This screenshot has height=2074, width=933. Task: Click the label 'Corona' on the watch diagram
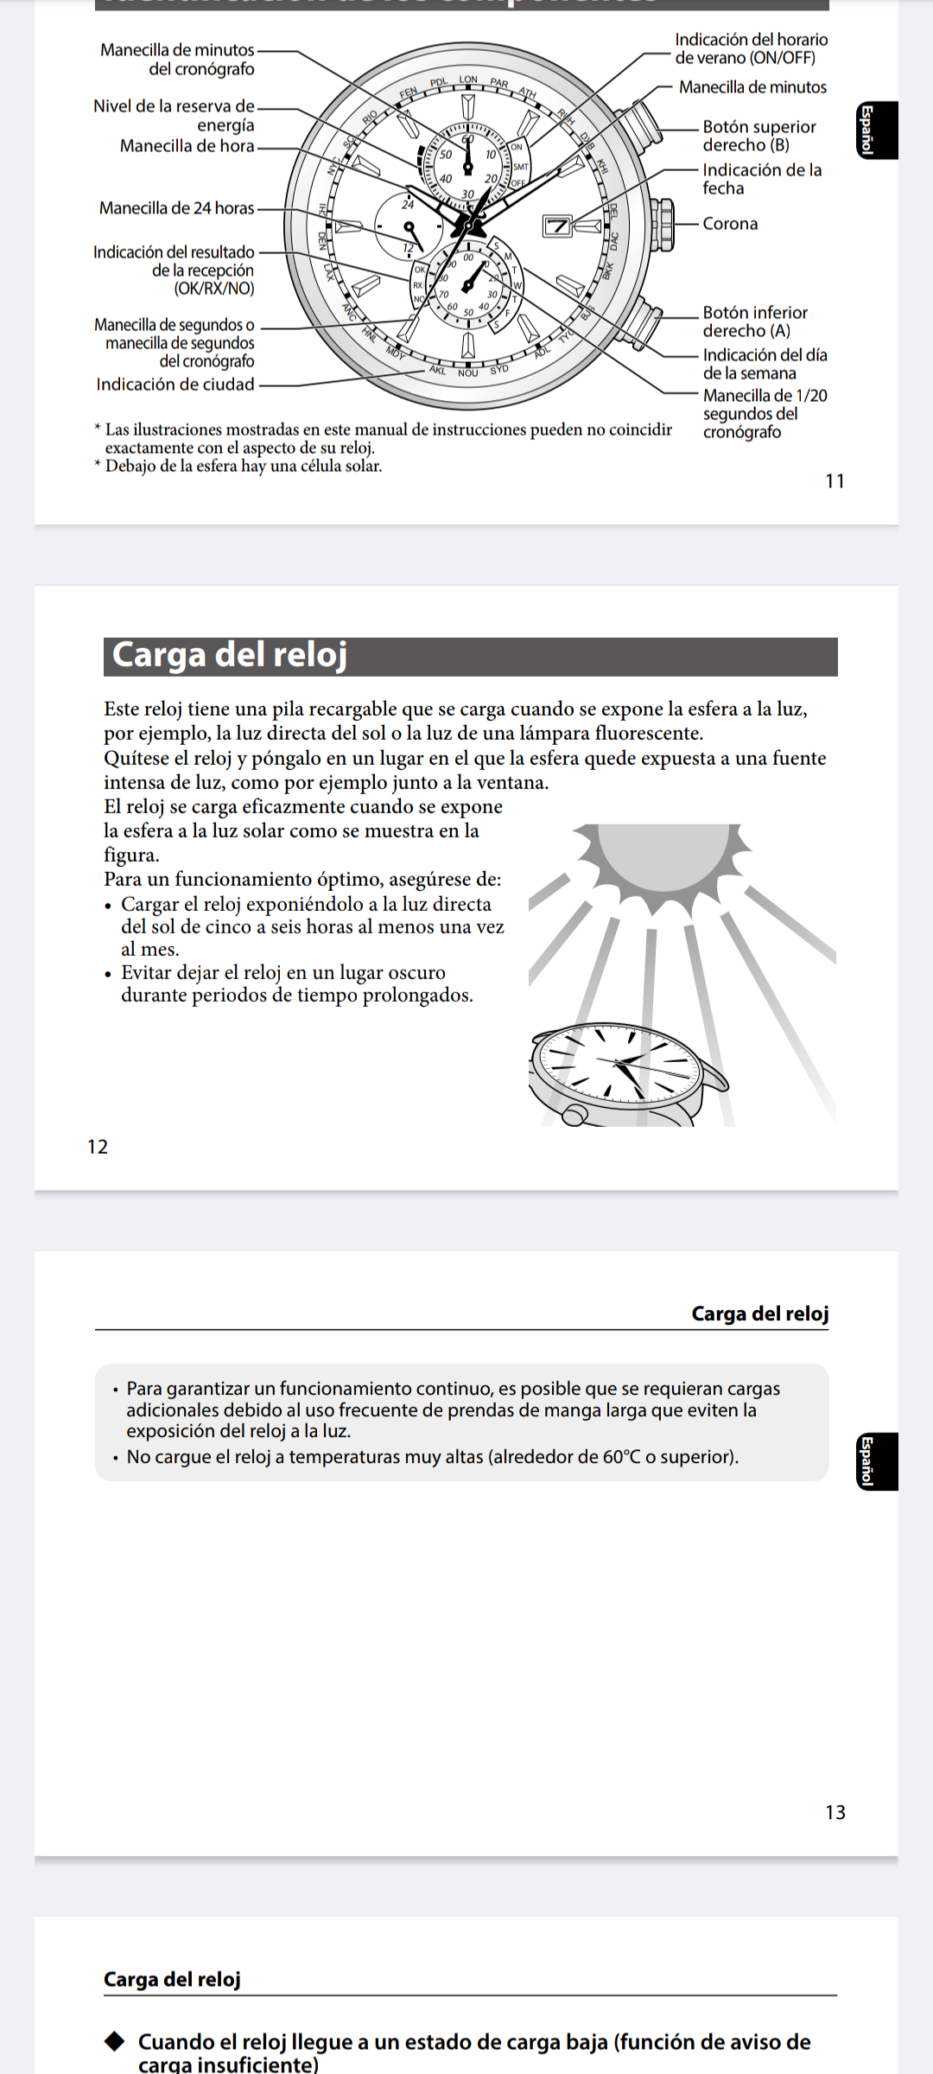[x=730, y=224]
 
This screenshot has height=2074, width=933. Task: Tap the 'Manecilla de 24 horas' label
[x=177, y=208]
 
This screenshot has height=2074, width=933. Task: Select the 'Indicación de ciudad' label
[x=175, y=385]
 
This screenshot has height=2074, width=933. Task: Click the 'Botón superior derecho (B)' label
[x=758, y=136]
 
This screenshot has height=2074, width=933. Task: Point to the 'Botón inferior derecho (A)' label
[x=754, y=321]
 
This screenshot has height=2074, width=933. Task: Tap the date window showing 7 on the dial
[x=557, y=226]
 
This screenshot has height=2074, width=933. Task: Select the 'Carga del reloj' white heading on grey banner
[x=230, y=656]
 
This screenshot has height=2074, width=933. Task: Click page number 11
[x=835, y=481]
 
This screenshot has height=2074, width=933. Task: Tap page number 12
[x=98, y=1147]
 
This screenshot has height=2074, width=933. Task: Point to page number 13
[x=835, y=1812]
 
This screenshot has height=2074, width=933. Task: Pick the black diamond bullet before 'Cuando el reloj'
[x=115, y=2042]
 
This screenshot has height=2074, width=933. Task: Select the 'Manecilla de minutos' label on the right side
[x=752, y=87]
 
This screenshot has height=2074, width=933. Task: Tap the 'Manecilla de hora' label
[x=187, y=146]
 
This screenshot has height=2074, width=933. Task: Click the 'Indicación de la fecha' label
[x=761, y=179]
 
